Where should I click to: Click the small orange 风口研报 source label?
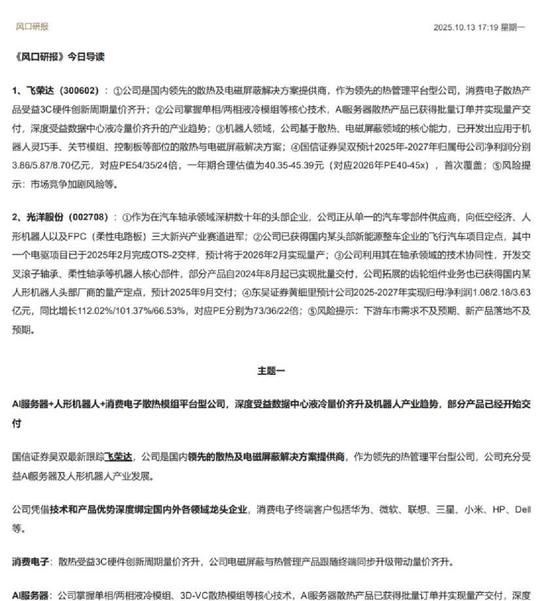coord(32,27)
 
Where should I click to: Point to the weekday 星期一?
coord(513,28)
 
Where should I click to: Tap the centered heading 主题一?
coord(270,371)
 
